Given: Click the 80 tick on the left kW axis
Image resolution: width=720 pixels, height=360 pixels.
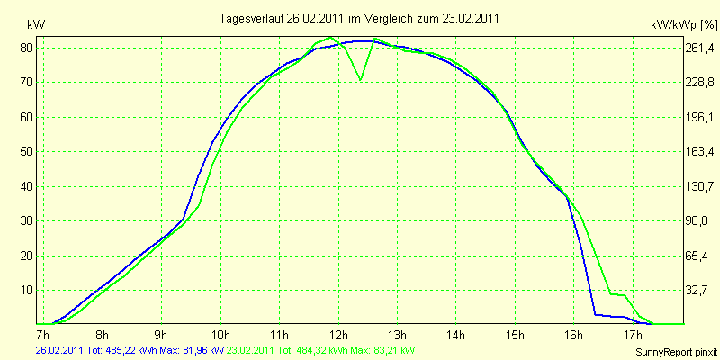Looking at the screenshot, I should click(x=27, y=48).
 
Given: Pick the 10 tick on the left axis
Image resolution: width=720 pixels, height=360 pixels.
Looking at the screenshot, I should click(x=27, y=290).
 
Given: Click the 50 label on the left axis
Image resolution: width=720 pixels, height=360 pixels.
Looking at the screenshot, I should click(x=27, y=151).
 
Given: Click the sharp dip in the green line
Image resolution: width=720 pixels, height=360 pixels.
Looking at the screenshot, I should click(x=360, y=79).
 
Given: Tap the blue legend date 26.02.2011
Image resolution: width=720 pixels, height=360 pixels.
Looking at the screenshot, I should click(x=58, y=349).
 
